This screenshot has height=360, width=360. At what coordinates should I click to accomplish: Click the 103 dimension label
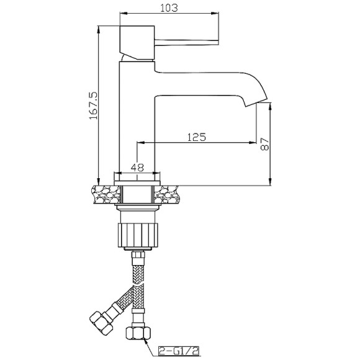click(x=169, y=8)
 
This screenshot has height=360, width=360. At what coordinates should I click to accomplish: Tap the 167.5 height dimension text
click(x=94, y=106)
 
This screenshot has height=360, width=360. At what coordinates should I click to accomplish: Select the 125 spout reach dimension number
click(x=197, y=137)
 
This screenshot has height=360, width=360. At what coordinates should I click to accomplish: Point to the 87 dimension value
click(x=264, y=144)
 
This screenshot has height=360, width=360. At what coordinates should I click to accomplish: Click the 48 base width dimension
click(x=137, y=168)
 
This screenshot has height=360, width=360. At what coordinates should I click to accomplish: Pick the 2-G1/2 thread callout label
click(x=179, y=351)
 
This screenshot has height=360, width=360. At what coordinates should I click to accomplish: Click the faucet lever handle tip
click(x=217, y=42)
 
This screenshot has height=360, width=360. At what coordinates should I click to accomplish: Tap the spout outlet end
click(x=256, y=102)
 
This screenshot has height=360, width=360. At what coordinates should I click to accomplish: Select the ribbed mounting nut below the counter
click(x=137, y=235)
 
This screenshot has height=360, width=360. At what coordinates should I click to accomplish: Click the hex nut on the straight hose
click(x=138, y=333)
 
